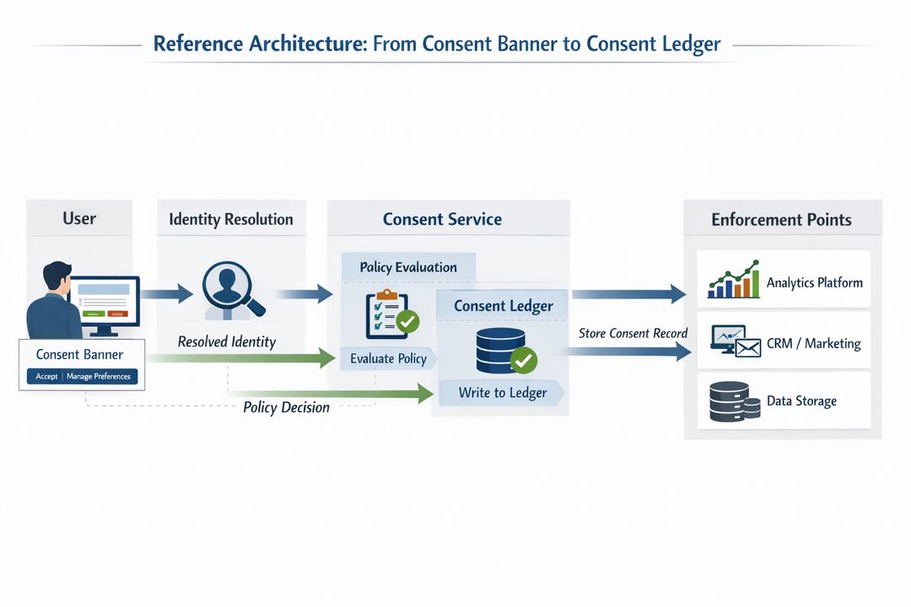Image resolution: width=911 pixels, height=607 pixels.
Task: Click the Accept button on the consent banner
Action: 46,377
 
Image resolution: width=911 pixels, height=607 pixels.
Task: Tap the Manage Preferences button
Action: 100,377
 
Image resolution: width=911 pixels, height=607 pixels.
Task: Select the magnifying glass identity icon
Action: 233,290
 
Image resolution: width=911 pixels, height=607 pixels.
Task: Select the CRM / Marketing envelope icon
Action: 736,341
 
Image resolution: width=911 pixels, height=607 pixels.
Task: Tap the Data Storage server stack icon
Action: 729,401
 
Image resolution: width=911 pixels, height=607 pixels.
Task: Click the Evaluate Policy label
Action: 388,359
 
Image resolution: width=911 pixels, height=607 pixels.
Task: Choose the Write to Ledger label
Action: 503,393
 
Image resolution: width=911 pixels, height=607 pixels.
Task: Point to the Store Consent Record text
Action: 633,333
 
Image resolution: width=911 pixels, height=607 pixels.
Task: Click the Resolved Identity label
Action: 227,342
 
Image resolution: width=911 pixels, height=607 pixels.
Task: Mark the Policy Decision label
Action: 287,407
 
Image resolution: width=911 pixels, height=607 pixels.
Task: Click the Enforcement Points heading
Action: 781,220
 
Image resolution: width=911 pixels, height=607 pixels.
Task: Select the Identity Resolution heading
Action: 231,219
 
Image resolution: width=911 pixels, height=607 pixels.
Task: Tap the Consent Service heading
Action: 442,219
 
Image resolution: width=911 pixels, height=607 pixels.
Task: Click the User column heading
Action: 79,218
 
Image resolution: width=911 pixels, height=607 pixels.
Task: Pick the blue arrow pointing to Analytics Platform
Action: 628,293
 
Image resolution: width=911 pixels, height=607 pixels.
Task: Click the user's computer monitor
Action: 105,301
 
